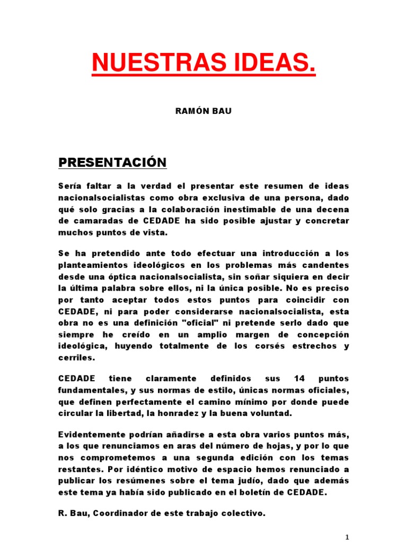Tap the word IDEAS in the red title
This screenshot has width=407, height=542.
(270, 65)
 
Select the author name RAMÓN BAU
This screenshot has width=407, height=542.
(204, 112)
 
